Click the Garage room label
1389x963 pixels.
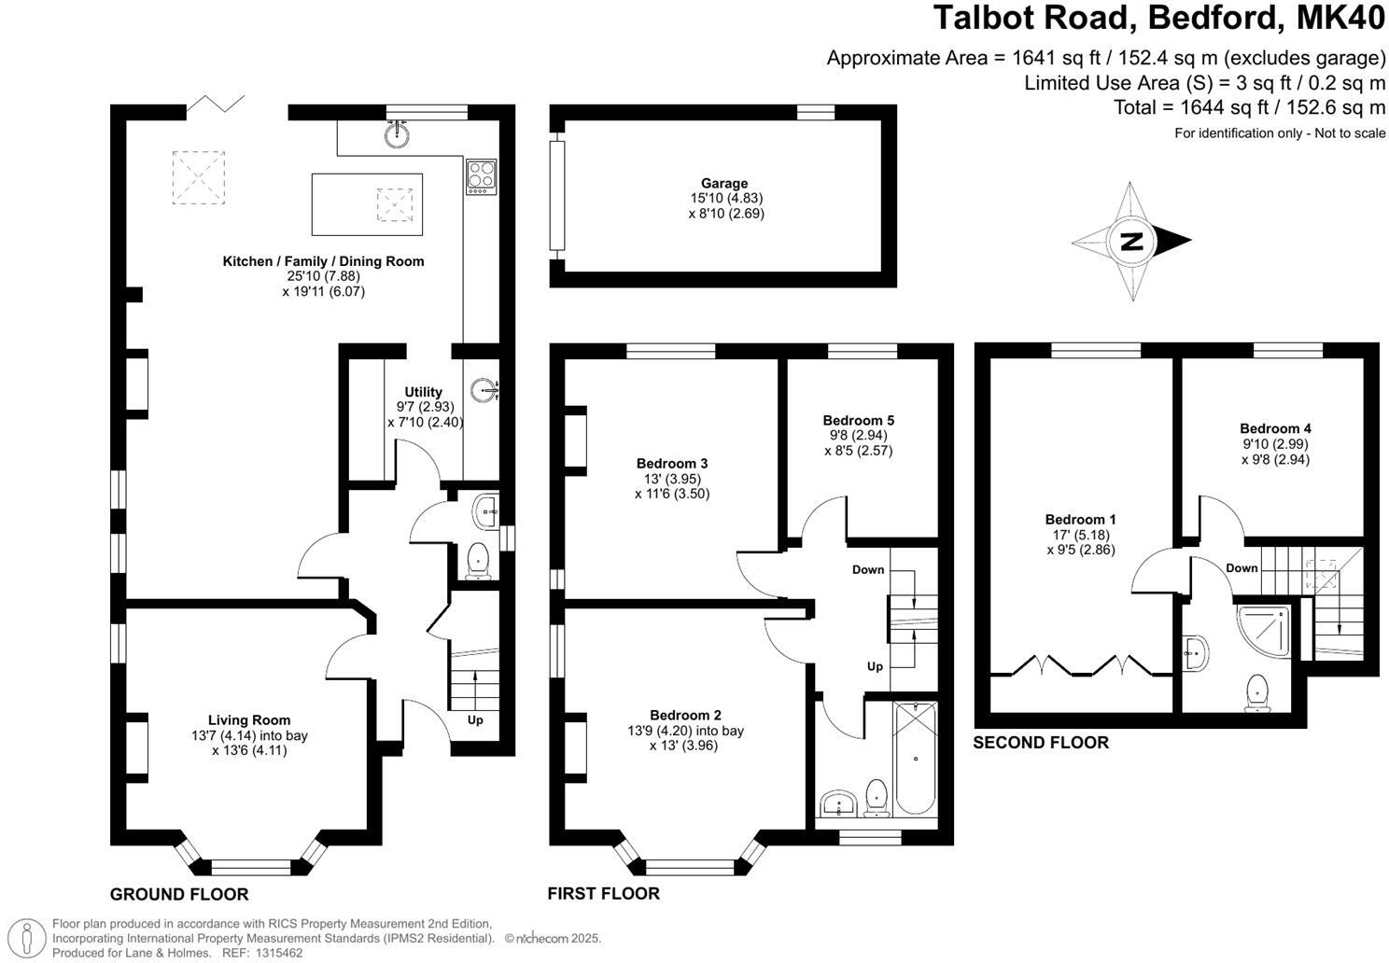tap(724, 184)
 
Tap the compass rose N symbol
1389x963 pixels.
tap(1131, 242)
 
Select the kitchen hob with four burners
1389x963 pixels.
tap(481, 177)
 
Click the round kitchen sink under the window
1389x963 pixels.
tap(397, 134)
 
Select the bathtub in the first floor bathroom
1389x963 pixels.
tap(914, 759)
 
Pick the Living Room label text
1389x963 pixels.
tap(248, 720)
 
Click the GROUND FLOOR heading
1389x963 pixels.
tap(179, 895)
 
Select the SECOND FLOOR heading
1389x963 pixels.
tap(1041, 743)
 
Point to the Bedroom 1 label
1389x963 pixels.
tap(1080, 520)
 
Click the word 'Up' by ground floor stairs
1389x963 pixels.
tap(475, 720)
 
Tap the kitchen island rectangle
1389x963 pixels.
tap(366, 204)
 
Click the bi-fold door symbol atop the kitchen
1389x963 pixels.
tap(216, 104)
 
